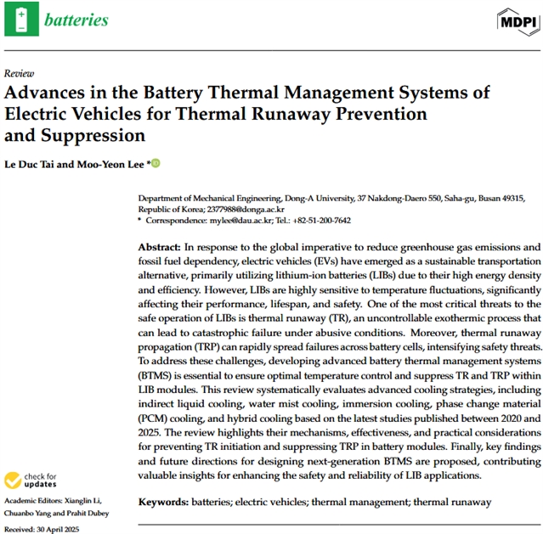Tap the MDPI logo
515,20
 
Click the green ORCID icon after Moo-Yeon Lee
156,163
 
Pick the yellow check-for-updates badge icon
14,481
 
